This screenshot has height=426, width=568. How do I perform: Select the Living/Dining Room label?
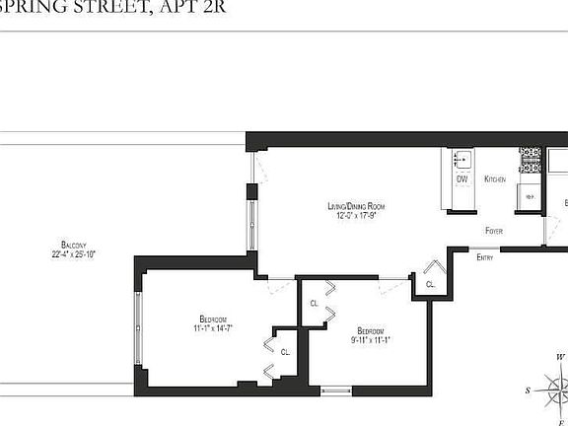(x=354, y=206)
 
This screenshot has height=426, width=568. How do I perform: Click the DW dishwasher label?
(x=461, y=179)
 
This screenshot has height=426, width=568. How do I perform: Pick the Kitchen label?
(x=495, y=179)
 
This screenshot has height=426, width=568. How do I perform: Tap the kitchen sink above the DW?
(x=461, y=159)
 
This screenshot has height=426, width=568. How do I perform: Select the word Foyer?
(x=494, y=231)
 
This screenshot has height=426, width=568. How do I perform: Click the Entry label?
(x=484, y=257)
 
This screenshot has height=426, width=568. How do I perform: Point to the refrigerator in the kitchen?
(x=529, y=196)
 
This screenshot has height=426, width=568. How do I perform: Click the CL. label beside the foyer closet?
(x=430, y=284)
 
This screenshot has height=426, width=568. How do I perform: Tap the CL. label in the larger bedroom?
(x=285, y=351)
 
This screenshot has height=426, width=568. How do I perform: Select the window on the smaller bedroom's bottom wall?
(x=337, y=391)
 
